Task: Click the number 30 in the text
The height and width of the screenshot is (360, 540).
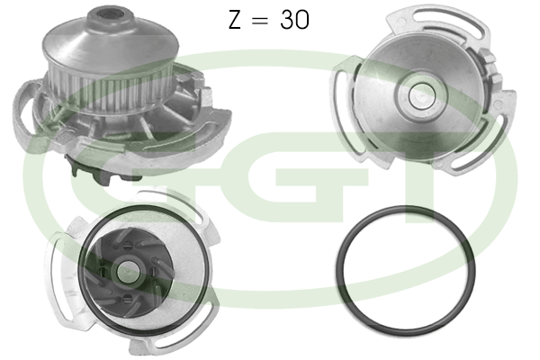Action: [294, 19]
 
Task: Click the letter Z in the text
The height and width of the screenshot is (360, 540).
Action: [235, 19]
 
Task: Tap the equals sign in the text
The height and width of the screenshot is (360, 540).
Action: [260, 20]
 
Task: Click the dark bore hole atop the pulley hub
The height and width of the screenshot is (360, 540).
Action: [110, 14]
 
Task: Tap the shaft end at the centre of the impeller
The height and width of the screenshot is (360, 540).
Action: [129, 272]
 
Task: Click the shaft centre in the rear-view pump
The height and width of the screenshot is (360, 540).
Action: [420, 95]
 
